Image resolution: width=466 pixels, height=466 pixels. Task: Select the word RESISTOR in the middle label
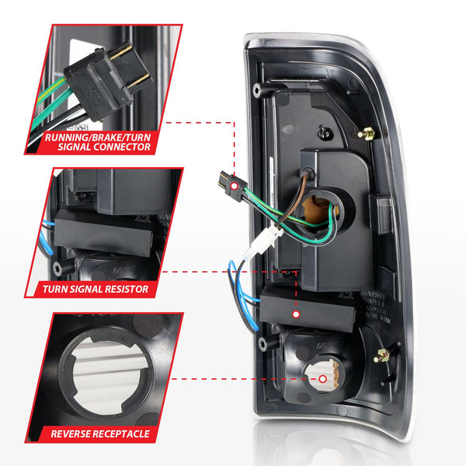[x=123, y=289]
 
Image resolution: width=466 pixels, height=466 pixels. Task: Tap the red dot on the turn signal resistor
[x=295, y=314]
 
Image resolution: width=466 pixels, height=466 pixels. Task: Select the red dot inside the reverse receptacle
[x=322, y=379]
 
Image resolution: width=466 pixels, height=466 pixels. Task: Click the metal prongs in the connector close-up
[x=131, y=67]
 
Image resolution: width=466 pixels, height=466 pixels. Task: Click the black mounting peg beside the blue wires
[x=266, y=343]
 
